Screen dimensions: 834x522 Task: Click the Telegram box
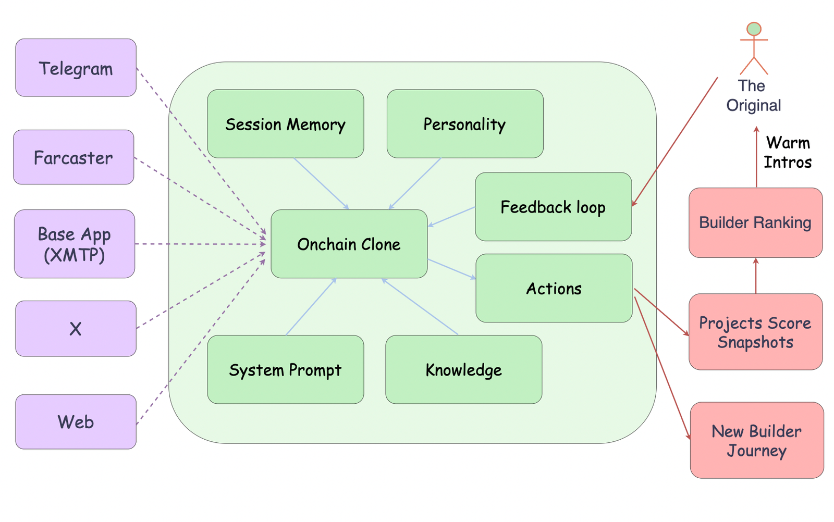(x=76, y=68)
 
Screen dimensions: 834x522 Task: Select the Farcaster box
(x=73, y=157)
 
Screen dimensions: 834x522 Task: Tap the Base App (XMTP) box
(x=75, y=244)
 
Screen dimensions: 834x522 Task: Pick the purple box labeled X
(x=76, y=329)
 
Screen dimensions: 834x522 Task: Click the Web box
(x=76, y=422)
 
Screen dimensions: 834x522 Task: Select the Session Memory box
(x=286, y=124)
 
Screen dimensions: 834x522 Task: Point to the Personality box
(x=465, y=124)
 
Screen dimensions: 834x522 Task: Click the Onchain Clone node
(x=349, y=244)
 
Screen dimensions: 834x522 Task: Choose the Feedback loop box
(x=553, y=207)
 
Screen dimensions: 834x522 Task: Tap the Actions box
(x=554, y=288)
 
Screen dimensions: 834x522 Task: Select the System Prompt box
(x=286, y=369)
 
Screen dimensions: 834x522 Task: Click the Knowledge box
(x=464, y=369)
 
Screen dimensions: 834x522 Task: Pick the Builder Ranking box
(x=755, y=222)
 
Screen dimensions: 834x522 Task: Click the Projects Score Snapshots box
(x=755, y=332)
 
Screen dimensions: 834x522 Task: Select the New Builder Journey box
(x=757, y=440)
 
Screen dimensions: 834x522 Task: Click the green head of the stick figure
(x=754, y=29)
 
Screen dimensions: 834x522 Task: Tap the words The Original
(x=754, y=96)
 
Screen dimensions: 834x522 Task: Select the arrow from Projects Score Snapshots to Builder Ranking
(x=756, y=276)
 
